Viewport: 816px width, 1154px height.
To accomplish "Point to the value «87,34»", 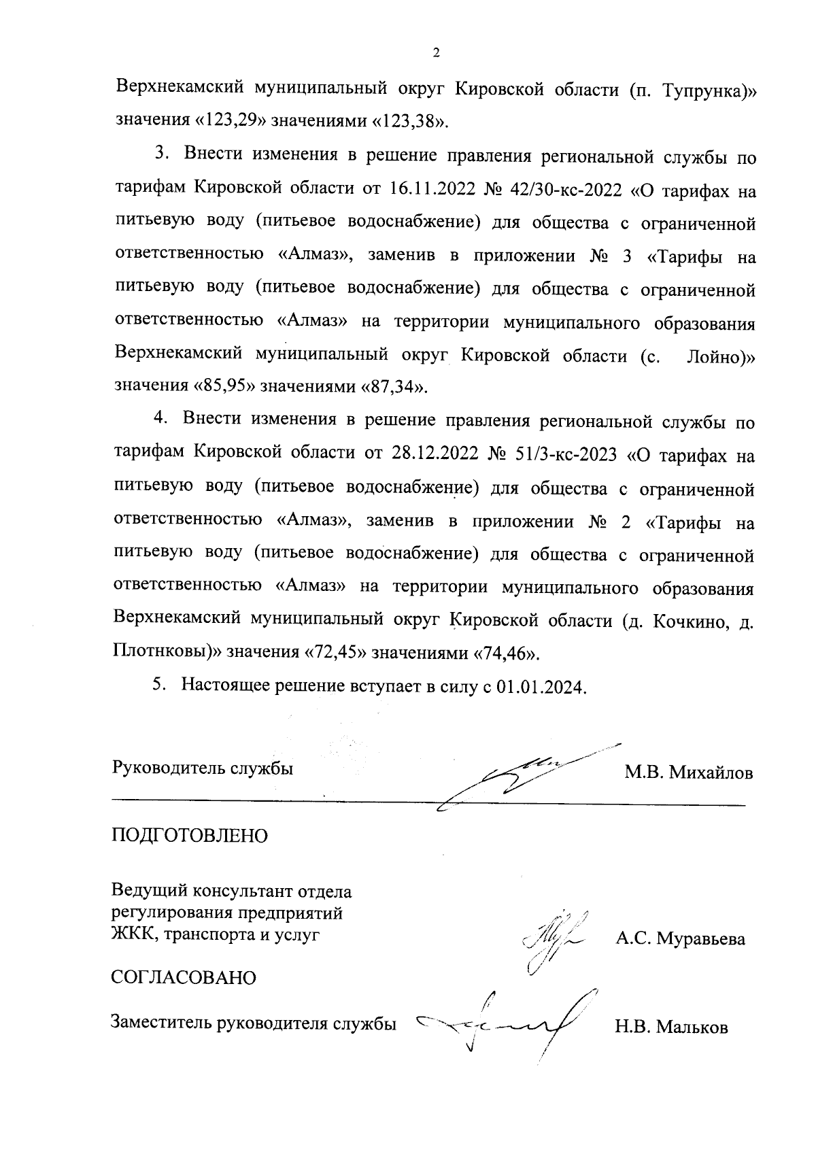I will (395, 388).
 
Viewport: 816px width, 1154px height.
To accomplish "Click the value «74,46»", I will (507, 654).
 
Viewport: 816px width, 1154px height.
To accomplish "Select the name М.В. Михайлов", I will (689, 773).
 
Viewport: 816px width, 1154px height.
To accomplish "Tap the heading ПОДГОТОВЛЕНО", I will (190, 836).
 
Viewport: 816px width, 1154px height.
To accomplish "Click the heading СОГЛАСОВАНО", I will (184, 979).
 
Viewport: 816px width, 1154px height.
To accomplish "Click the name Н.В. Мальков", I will (671, 1028).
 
